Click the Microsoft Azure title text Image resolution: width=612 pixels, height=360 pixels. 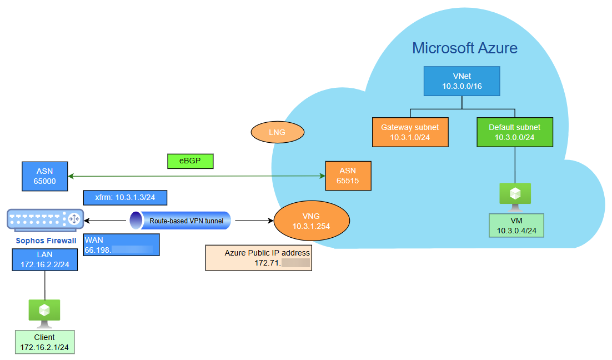[x=465, y=48]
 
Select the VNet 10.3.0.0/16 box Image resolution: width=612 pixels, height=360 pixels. [x=462, y=81]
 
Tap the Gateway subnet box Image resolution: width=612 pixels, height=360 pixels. [x=410, y=132]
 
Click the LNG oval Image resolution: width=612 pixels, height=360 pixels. [x=278, y=133]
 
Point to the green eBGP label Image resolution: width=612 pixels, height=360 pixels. [x=190, y=161]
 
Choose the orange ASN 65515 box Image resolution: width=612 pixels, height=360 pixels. [x=348, y=176]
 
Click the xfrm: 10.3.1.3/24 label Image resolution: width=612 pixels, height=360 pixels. [x=125, y=198]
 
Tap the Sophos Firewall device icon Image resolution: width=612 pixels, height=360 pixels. [x=45, y=219]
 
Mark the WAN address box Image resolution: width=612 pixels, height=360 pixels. [x=121, y=245]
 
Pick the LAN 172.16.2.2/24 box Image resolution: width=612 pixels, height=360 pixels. [x=44, y=259]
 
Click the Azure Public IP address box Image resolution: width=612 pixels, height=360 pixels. [x=258, y=258]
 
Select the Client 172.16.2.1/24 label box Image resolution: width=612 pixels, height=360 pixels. [x=44, y=342]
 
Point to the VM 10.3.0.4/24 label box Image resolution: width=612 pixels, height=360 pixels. [x=516, y=226]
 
